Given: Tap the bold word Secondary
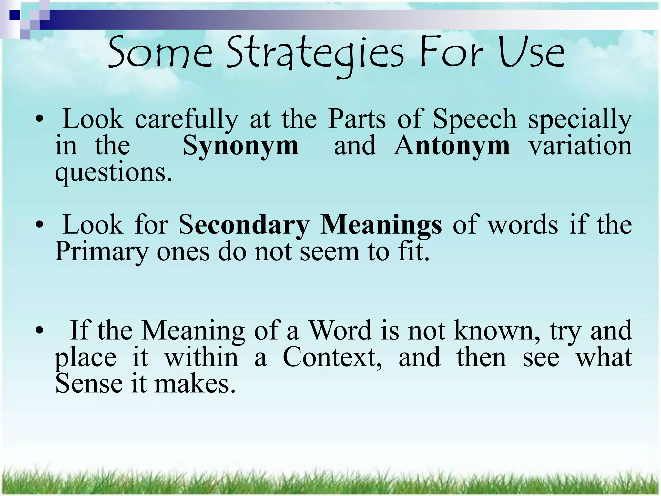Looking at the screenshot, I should tap(244, 225).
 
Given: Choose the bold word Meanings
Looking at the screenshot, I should tap(381, 225).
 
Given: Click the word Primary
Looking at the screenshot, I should tap(101, 252).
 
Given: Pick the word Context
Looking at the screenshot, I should tap(332, 357).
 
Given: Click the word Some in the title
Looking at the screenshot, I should tap(160, 53).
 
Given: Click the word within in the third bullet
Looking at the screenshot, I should tap(201, 357).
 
